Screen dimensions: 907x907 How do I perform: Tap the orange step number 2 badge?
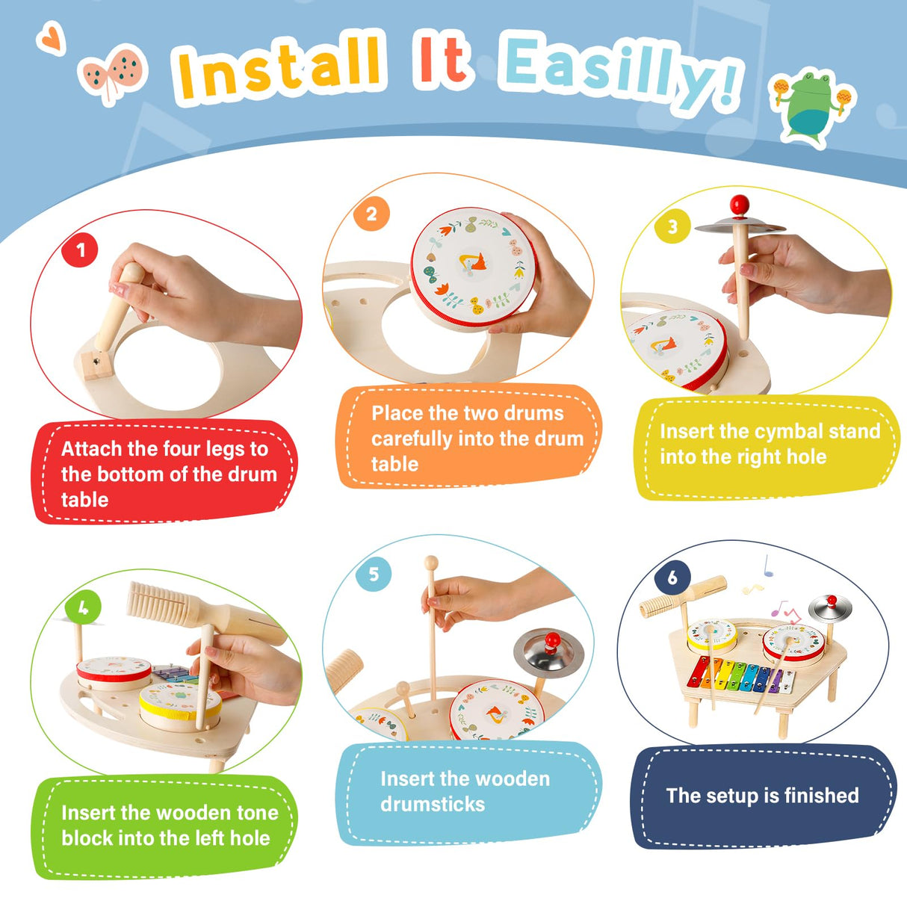371,215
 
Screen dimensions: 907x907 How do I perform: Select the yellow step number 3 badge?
672,226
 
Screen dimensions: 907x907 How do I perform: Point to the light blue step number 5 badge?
374,574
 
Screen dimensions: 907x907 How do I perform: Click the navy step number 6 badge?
672,577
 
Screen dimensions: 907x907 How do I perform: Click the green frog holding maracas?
813,105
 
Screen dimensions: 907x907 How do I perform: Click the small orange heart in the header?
52,38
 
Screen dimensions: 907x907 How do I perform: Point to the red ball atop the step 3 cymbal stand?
740,204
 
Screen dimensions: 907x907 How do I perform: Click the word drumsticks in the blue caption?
433,805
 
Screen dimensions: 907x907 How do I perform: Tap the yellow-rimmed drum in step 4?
180,705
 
